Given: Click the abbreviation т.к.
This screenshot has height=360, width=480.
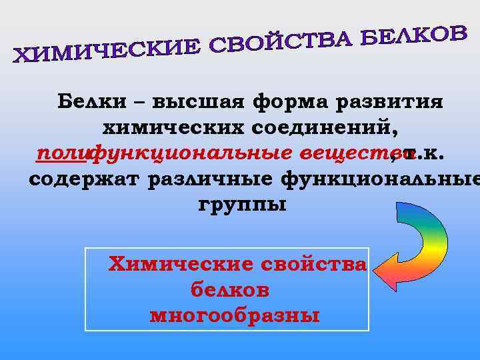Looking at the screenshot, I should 427,153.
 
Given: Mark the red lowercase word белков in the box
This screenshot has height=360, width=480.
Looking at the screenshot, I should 230,289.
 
